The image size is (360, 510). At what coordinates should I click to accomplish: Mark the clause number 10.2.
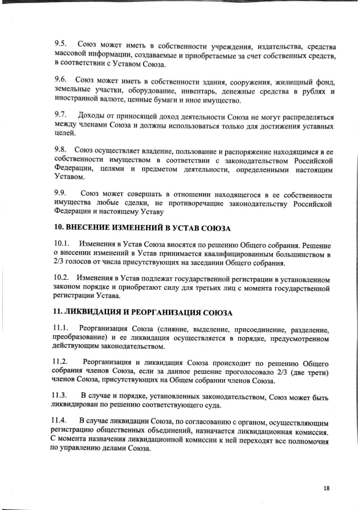point(63,277)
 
